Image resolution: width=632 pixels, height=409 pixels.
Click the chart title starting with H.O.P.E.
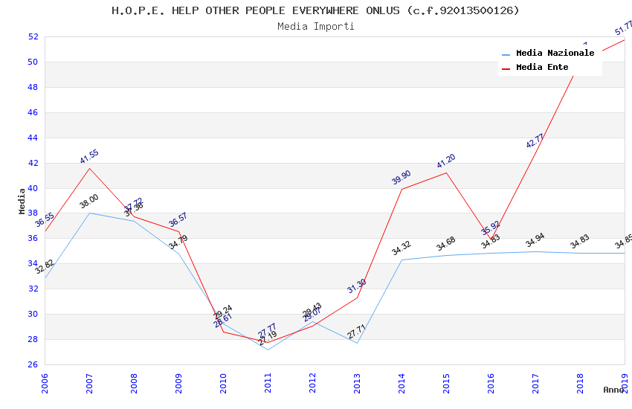click(x=315, y=10)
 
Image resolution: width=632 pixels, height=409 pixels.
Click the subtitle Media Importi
click(x=316, y=26)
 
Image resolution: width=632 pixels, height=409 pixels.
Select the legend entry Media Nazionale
click(x=555, y=54)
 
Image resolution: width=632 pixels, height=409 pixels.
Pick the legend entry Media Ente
click(x=542, y=68)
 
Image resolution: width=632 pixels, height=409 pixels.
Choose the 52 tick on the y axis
click(x=33, y=36)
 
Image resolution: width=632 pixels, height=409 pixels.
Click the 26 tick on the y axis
click(x=33, y=364)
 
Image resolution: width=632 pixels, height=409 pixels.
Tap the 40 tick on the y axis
click(x=33, y=188)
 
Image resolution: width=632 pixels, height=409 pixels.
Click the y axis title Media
click(x=22, y=201)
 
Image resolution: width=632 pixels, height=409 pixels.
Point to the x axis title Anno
click(x=613, y=390)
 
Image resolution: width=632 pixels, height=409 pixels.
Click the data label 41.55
click(x=89, y=156)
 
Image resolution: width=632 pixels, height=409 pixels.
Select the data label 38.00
click(x=89, y=202)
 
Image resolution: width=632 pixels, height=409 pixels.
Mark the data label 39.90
click(x=402, y=177)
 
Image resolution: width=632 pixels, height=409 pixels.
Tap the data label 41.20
click(x=446, y=161)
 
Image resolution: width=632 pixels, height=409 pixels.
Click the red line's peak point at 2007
click(x=90, y=168)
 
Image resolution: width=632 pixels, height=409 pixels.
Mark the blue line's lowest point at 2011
click(x=268, y=350)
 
